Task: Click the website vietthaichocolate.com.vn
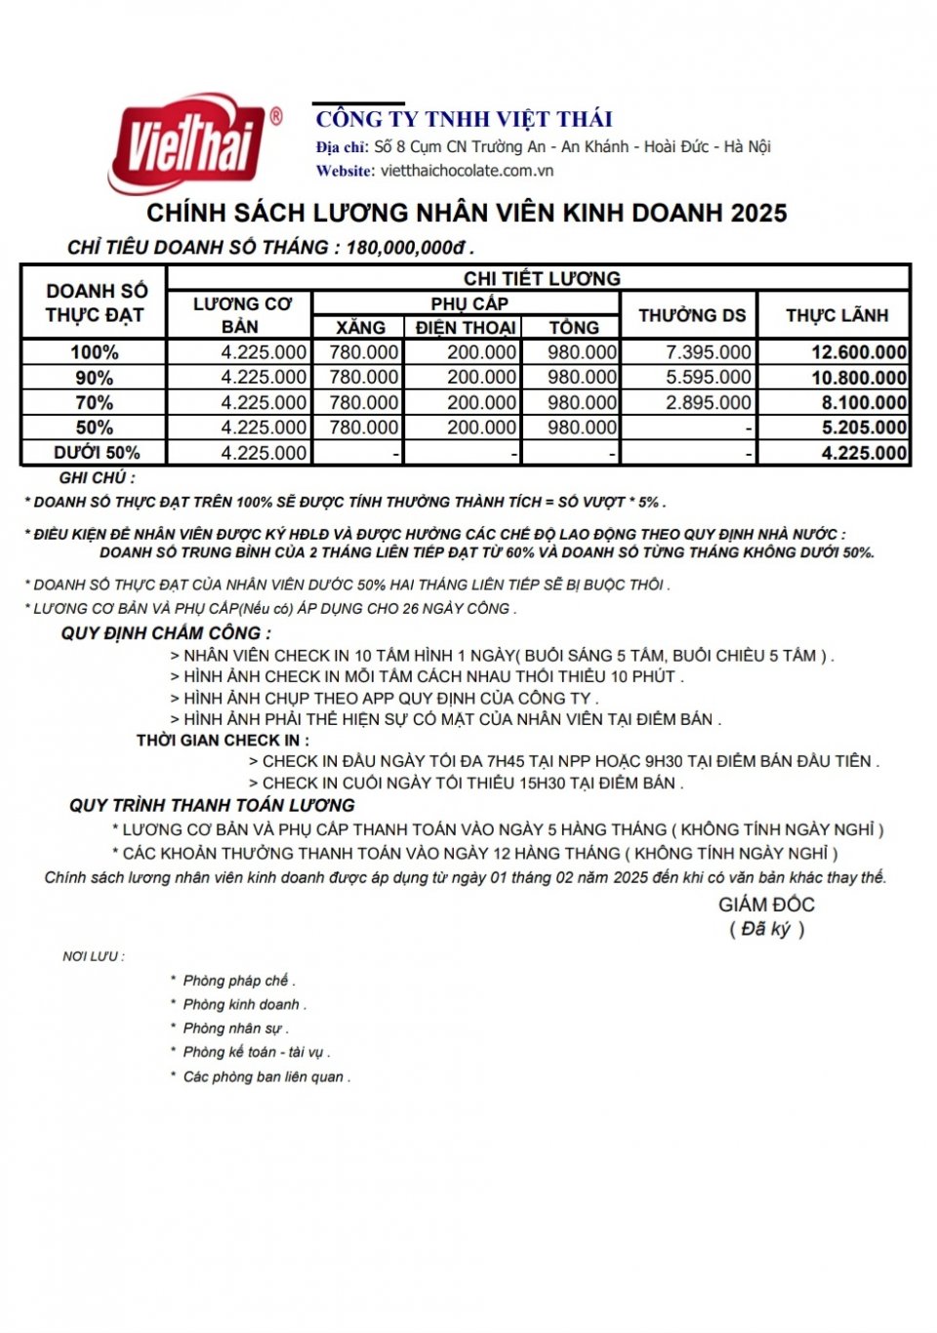click(467, 171)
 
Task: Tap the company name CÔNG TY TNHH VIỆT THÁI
click(465, 119)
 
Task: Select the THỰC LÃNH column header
click(836, 315)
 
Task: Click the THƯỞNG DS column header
click(692, 315)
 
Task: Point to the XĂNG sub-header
click(360, 328)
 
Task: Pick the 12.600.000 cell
click(859, 352)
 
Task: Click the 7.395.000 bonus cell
click(709, 352)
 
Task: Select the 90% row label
click(94, 378)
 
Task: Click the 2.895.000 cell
click(709, 402)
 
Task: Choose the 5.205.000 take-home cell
click(864, 427)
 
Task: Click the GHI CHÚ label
click(97, 478)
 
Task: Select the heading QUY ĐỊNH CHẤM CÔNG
click(166, 633)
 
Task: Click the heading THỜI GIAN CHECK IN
click(223, 741)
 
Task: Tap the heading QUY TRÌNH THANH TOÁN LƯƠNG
click(212, 806)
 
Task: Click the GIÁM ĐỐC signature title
click(766, 905)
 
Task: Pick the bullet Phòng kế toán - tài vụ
click(256, 1052)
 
